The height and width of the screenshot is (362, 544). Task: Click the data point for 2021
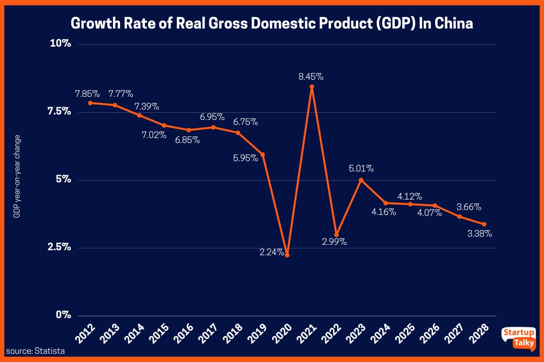click(x=312, y=87)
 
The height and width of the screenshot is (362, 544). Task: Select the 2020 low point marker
click(x=287, y=255)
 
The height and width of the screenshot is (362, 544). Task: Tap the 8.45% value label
click(x=311, y=76)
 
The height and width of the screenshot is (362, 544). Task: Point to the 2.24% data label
click(x=272, y=252)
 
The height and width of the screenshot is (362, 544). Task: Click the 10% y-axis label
click(x=60, y=44)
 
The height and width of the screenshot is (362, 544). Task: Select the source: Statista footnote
click(x=35, y=351)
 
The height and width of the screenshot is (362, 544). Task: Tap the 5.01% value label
click(x=361, y=169)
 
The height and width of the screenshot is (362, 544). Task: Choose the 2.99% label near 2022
click(x=335, y=242)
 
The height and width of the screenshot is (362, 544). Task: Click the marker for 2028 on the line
click(x=484, y=224)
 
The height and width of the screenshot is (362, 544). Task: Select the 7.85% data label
click(x=87, y=94)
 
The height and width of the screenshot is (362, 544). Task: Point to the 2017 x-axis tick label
click(x=205, y=335)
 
